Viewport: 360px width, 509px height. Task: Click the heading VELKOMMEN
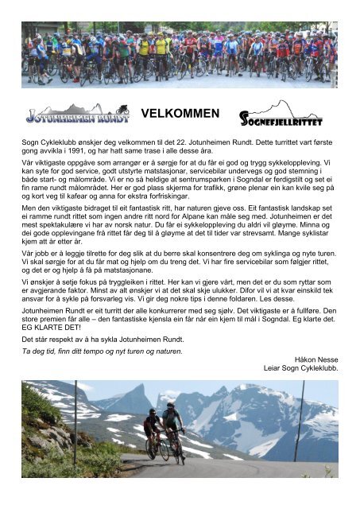(x=180, y=115)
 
